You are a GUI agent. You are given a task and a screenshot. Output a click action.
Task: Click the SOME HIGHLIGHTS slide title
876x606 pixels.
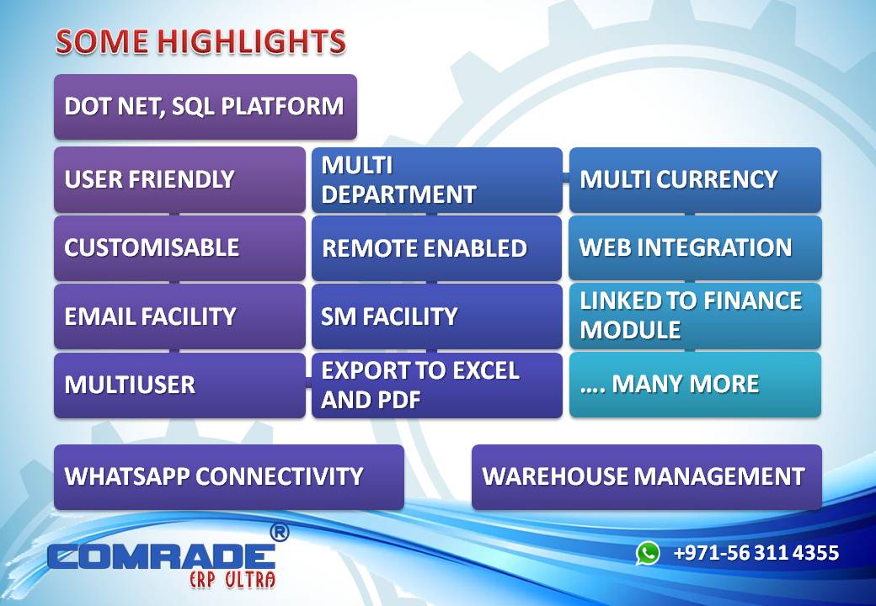click(200, 41)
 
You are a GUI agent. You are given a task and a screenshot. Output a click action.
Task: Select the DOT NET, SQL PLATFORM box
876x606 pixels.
click(205, 107)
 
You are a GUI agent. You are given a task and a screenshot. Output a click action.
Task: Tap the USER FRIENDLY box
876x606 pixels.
click(179, 179)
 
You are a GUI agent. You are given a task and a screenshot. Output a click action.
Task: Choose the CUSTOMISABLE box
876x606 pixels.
click(179, 248)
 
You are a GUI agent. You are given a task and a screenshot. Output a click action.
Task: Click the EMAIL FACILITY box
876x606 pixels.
click(179, 316)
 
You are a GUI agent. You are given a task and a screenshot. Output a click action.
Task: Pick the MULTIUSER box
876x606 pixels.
click(179, 385)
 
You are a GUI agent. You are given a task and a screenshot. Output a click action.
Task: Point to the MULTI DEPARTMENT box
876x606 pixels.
click(436, 180)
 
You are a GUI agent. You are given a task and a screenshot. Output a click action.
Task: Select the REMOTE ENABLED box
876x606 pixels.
click(436, 248)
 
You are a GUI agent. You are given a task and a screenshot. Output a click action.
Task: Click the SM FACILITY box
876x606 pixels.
click(436, 316)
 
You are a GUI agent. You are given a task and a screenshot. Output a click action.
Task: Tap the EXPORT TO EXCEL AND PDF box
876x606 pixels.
click(436, 385)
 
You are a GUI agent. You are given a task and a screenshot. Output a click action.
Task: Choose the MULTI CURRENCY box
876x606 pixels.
click(695, 180)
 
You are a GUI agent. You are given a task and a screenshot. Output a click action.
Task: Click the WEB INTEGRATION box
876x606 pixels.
click(695, 248)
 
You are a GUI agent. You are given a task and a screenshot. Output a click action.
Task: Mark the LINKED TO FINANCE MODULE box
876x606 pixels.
click(695, 316)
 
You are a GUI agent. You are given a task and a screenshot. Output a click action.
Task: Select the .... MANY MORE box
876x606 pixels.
click(695, 385)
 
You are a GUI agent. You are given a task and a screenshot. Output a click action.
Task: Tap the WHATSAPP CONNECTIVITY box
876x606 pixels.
click(228, 476)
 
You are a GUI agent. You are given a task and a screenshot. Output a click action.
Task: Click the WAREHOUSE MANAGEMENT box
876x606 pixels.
click(646, 476)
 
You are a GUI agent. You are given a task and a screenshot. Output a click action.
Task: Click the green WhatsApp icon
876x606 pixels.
click(648, 553)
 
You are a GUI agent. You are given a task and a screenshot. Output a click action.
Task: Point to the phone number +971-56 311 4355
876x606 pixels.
click(756, 553)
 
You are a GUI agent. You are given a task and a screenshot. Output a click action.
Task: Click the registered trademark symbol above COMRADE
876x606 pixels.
click(279, 532)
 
